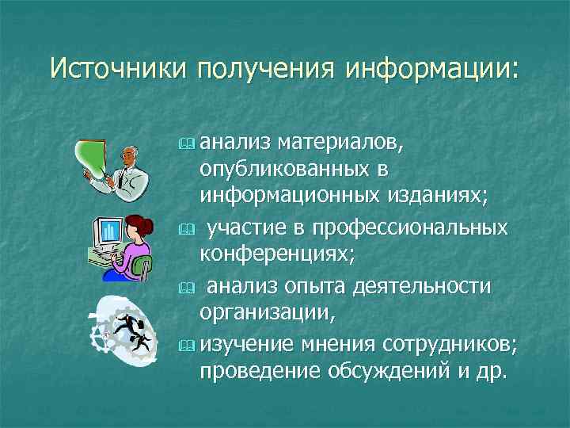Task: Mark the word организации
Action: tap(268, 311)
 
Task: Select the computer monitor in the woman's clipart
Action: tap(110, 233)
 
